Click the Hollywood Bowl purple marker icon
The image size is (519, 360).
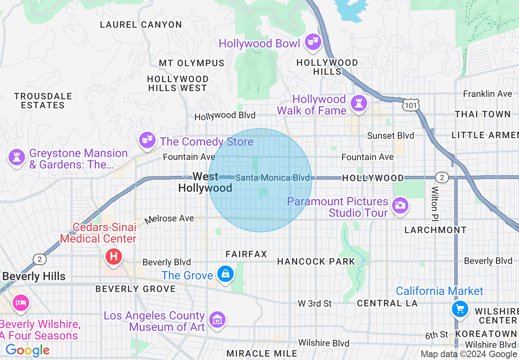(313, 42)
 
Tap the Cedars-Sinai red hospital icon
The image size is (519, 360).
(114, 257)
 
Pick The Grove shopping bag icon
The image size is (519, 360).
(226, 274)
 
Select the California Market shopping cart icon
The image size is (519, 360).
(460, 308)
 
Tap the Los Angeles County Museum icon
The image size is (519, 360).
(217, 319)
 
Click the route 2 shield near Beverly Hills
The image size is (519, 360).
(39, 259)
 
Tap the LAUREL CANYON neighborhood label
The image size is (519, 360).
(141, 25)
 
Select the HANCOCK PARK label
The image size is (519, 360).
(316, 261)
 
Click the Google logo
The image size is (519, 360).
(27, 351)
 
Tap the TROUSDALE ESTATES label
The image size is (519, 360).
(43, 101)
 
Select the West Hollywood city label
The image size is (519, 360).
(205, 182)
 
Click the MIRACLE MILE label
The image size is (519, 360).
(262, 353)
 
